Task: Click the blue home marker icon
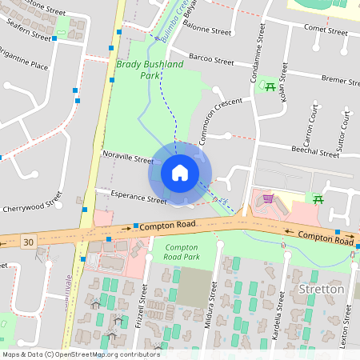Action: pyautogui.click(x=179, y=173)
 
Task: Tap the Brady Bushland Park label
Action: pyautogui.click(x=150, y=70)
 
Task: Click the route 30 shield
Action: pyautogui.click(x=29, y=241)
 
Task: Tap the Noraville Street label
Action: pyautogui.click(x=127, y=159)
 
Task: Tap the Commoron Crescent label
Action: pyautogui.click(x=219, y=120)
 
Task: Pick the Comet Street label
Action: pyautogui.click(x=324, y=32)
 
